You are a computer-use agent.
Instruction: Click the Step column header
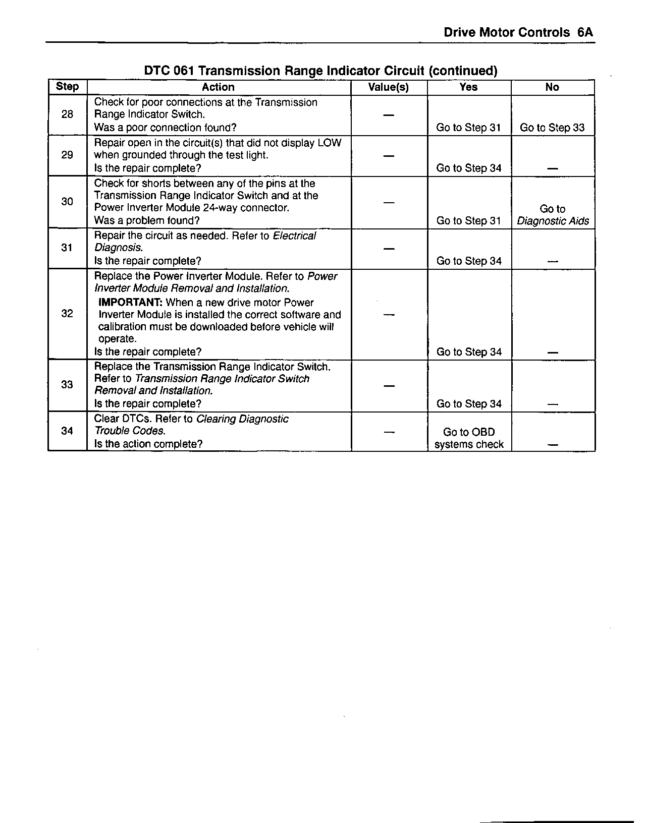coord(67,87)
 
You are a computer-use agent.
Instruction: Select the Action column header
coord(218,87)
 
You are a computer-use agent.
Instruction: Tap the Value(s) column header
coord(388,87)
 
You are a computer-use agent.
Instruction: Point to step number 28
coord(67,114)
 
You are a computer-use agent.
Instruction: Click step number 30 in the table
coord(67,202)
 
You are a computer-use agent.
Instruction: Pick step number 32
coord(67,314)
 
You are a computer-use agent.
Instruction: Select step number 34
coord(67,431)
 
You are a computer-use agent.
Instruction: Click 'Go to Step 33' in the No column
coord(552,128)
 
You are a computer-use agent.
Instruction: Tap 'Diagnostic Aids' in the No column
coord(553,221)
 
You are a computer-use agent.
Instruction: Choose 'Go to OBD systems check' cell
coord(469,438)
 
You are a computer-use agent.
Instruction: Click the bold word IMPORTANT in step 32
coord(130,303)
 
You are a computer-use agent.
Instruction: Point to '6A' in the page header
coord(585,33)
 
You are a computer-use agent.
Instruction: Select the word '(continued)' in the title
coord(463,71)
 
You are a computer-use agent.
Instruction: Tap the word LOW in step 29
coord(330,143)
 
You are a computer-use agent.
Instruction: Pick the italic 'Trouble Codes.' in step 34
coord(130,431)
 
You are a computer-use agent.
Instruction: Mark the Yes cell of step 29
coord(469,168)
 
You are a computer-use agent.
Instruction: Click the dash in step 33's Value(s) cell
coord(388,386)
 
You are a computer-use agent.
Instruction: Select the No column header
coord(552,87)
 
